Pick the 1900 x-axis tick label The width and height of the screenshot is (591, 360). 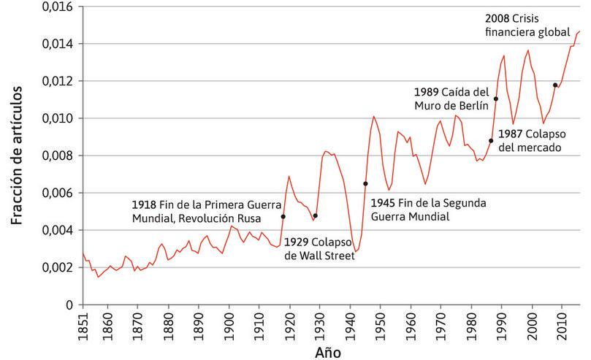click(229, 324)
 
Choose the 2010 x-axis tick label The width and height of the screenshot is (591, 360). click(563, 324)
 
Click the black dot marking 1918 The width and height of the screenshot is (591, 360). click(283, 217)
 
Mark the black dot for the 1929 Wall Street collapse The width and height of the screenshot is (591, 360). click(316, 215)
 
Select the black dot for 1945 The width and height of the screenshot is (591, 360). click(365, 184)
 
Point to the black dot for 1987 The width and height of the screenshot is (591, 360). click(491, 141)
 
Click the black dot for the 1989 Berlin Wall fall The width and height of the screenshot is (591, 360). click(496, 99)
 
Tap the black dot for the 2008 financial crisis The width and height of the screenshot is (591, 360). click(555, 85)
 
